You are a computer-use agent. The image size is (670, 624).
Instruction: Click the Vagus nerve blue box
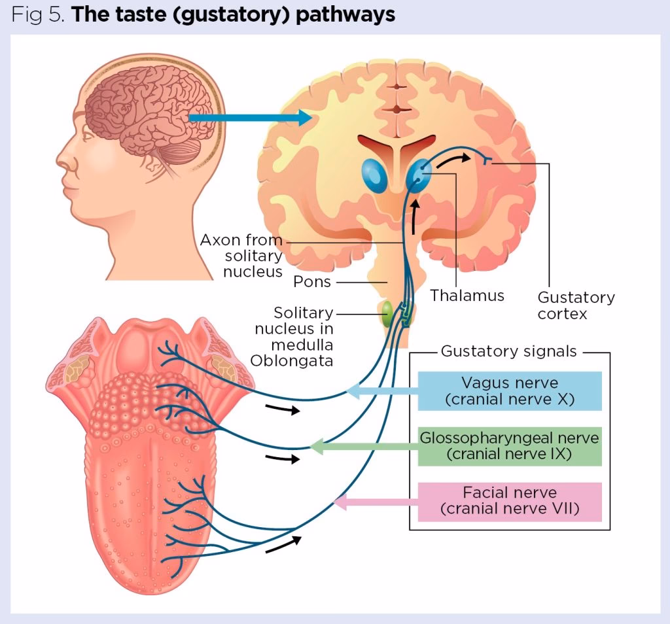(509, 390)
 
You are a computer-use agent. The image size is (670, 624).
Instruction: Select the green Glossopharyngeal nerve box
(509, 446)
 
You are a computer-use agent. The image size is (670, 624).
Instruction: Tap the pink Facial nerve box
(509, 501)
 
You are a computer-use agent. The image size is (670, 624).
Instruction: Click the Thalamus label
(467, 296)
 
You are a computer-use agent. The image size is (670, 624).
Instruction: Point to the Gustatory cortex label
(576, 305)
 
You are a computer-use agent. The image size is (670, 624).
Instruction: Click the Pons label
(312, 283)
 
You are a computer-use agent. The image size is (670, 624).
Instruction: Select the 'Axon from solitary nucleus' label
(242, 255)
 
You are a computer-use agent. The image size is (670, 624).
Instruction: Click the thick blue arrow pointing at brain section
(249, 118)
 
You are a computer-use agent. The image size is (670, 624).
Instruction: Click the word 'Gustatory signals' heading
(508, 351)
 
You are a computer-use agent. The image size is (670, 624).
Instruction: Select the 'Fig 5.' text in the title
(37, 14)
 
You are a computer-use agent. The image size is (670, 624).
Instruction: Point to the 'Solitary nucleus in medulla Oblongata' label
(294, 336)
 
